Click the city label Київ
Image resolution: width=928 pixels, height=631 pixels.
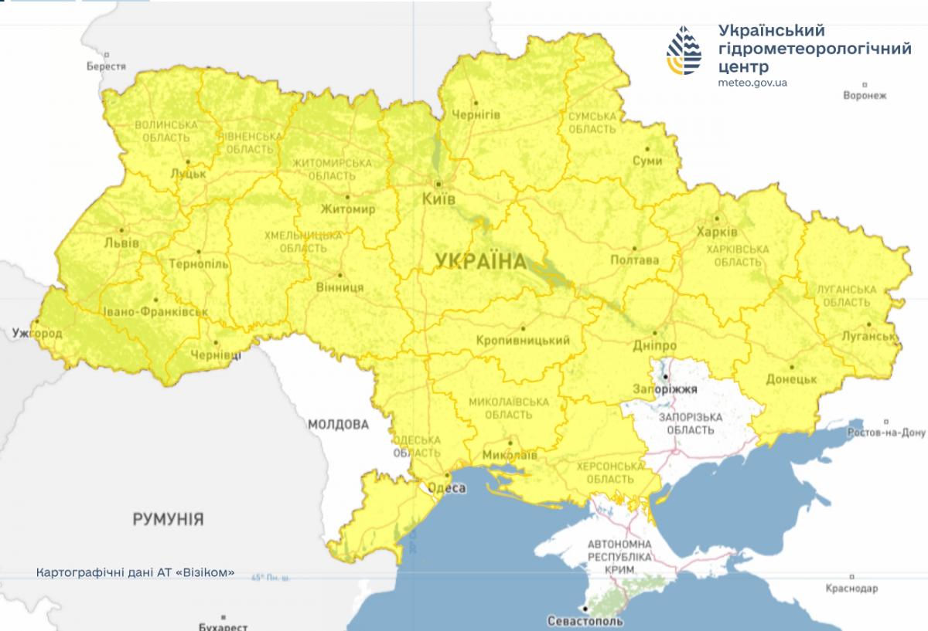[439, 199]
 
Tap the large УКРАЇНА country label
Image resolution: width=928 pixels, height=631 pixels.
[480, 261]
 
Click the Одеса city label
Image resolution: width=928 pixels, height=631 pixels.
[446, 488]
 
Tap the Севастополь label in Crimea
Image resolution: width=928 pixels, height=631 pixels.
[585, 620]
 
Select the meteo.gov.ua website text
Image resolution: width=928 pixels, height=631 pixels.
[752, 83]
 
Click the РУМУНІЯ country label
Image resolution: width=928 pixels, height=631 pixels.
[168, 518]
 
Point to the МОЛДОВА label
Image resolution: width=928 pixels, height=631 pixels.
[338, 425]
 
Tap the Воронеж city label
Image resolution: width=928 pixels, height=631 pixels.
[865, 96]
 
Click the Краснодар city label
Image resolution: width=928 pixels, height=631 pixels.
[851, 589]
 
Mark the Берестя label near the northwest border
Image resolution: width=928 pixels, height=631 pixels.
[106, 66]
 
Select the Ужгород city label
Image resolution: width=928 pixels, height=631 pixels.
[37, 333]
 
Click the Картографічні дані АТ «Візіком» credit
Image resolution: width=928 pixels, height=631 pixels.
[135, 573]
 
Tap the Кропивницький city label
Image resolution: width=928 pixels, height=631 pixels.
[523, 341]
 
